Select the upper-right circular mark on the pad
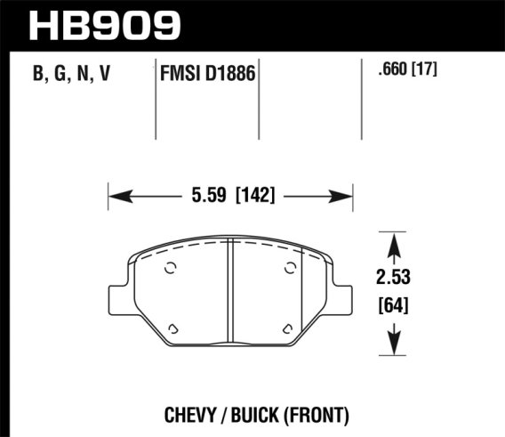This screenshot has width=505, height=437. [288, 270]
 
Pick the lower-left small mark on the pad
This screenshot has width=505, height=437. [175, 328]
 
